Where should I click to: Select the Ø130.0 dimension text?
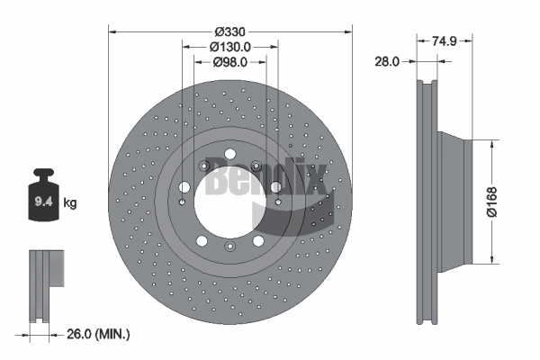pos(229,46)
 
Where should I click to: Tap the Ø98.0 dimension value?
pos(229,62)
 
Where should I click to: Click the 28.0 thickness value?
pos(387,61)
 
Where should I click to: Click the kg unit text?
pos(70,203)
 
